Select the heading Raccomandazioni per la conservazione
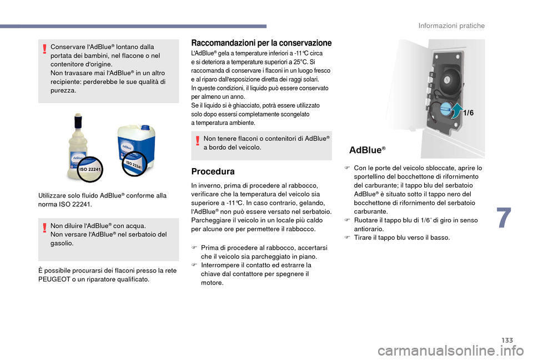click(261, 43)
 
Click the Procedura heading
click(213, 171)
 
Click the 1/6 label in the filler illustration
click(468, 113)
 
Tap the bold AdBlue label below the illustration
click(367, 150)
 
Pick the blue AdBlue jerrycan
click(135, 145)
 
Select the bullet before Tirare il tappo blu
click(347, 237)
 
